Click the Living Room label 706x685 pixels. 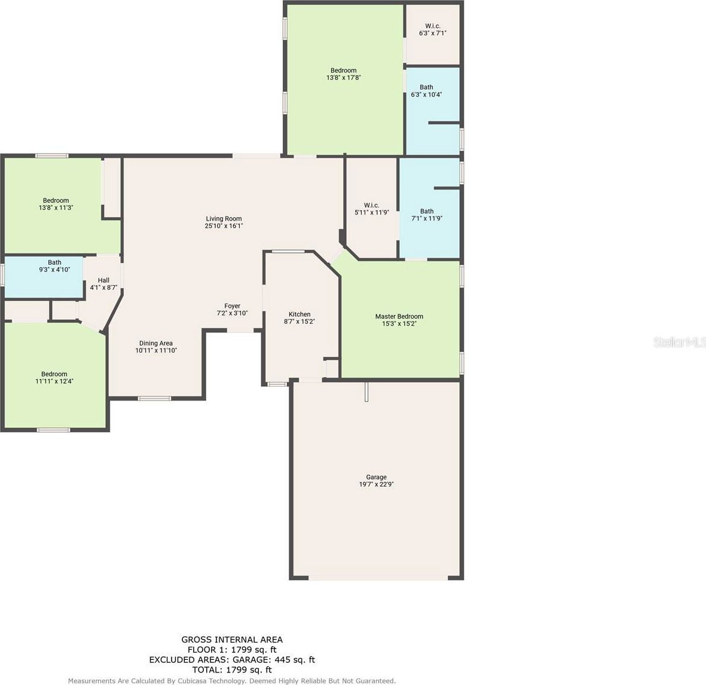pyautogui.click(x=224, y=219)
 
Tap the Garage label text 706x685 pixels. pyautogui.click(x=377, y=477)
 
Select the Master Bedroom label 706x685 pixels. pyautogui.click(x=399, y=316)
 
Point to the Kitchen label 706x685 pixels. pyautogui.click(x=299, y=314)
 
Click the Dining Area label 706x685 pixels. pyautogui.click(x=156, y=343)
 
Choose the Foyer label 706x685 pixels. pyautogui.click(x=233, y=306)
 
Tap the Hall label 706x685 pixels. pyautogui.click(x=103, y=280)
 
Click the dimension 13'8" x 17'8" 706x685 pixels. pyautogui.click(x=344, y=78)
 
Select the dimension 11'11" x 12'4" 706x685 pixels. pyautogui.click(x=54, y=381)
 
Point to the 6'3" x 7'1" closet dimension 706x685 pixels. pyautogui.click(x=433, y=33)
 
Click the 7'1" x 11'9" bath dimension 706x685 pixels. pyautogui.click(x=427, y=218)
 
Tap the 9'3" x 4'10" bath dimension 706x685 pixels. pyautogui.click(x=54, y=270)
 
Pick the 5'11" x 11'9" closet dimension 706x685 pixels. pyautogui.click(x=371, y=212)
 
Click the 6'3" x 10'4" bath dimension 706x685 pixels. pyautogui.click(x=426, y=94)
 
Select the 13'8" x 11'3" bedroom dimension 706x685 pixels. pyautogui.click(x=56, y=208)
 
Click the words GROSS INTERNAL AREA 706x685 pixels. pyautogui.click(x=232, y=640)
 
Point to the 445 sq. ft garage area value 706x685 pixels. pyautogui.click(x=294, y=660)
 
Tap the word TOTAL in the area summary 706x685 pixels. pyautogui.click(x=207, y=669)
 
